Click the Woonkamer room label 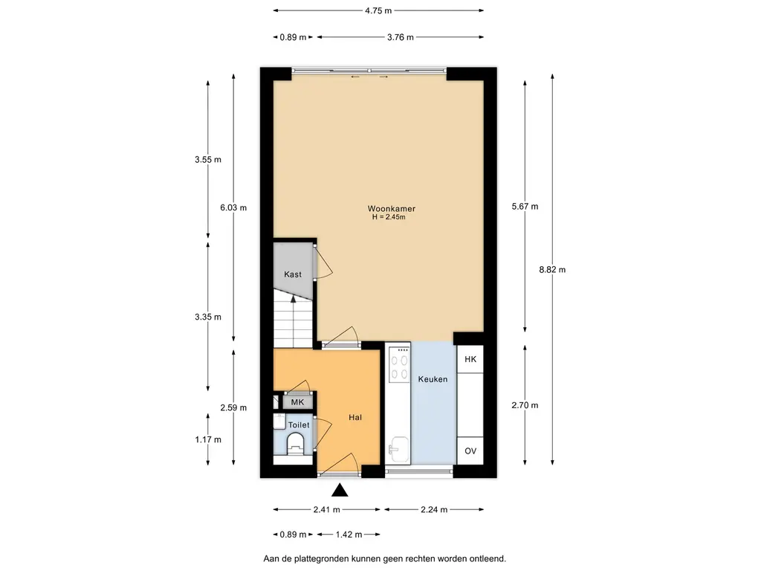click(391, 209)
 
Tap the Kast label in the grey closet click(293, 274)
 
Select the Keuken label click(433, 379)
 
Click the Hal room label click(355, 417)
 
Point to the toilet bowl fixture click(295, 444)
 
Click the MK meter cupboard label click(297, 402)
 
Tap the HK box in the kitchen click(470, 359)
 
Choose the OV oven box click(470, 451)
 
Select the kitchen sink click(399, 450)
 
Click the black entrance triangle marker click(340, 491)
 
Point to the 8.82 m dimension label click(552, 269)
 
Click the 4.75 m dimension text click(378, 10)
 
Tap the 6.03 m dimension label click(233, 208)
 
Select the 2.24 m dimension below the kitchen click(434, 509)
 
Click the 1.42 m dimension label click(349, 535)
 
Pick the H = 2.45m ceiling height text click(389, 217)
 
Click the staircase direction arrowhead click(293, 299)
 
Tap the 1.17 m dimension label click(208, 439)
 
